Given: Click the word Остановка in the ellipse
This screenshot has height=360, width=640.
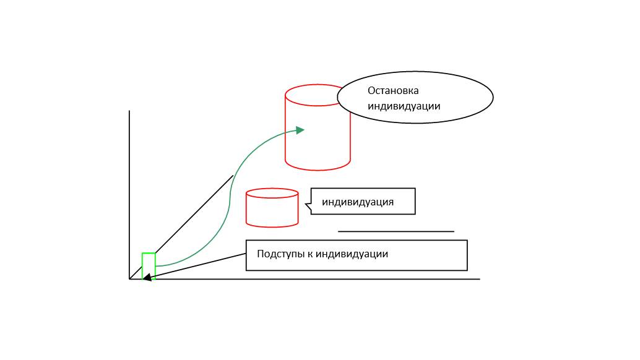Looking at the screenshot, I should click(393, 90).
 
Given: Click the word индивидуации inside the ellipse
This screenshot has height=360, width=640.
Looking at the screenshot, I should click(404, 106).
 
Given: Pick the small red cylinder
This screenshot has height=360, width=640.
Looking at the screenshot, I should click(272, 210).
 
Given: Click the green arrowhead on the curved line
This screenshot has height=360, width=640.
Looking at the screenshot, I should click(300, 130).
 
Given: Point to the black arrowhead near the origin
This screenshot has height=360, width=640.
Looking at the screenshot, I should click(147, 278).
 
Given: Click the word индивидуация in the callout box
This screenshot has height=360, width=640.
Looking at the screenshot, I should click(358, 202).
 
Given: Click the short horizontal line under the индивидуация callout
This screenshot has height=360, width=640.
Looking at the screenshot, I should click(396, 231).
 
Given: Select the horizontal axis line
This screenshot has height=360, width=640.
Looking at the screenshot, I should click(309, 279).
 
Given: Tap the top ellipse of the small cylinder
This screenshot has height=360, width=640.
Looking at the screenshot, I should click(272, 193).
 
